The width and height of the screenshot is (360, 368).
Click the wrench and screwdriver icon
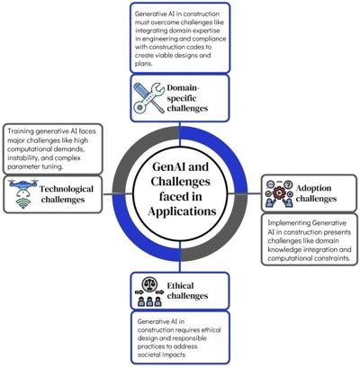point(148,98)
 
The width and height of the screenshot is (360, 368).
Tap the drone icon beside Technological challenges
point(23,188)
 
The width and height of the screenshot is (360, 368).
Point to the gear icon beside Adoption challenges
point(279,193)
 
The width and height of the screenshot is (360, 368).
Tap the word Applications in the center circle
point(182,211)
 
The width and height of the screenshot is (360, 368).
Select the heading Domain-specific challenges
point(187,98)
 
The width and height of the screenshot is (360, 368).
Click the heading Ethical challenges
point(187,291)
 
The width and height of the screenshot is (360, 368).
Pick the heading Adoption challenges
point(316,193)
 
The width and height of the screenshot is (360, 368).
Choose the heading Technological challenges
point(67,194)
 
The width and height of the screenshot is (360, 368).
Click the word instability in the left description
point(20,157)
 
